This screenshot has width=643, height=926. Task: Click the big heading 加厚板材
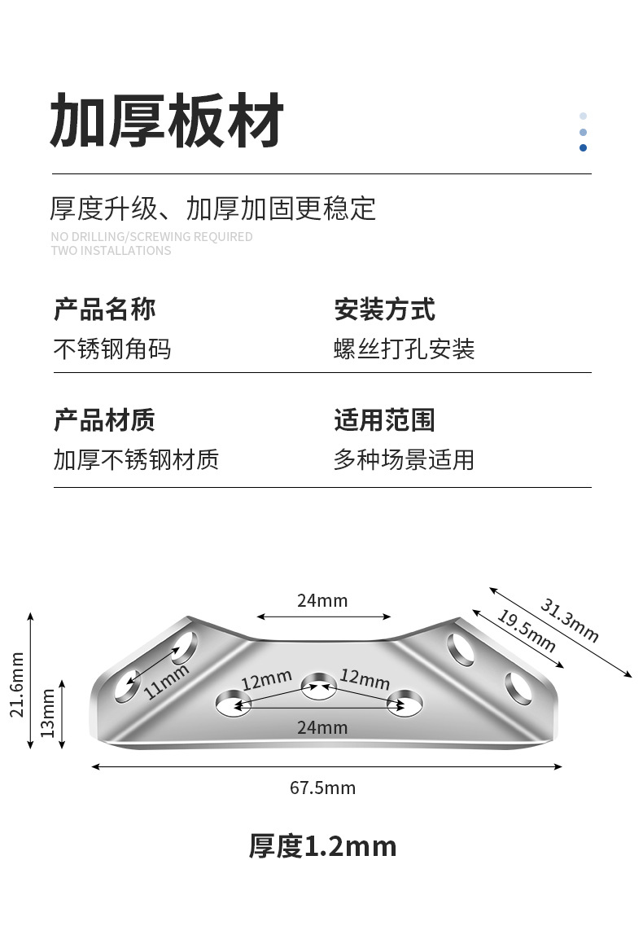point(167,121)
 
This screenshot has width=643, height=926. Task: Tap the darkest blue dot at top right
point(583,147)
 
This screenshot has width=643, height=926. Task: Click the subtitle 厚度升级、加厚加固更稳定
point(213,208)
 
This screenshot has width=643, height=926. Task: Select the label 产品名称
point(104,309)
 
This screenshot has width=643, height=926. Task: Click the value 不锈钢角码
point(112,349)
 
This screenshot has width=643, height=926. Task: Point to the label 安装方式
point(384,309)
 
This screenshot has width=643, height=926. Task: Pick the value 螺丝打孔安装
point(405,349)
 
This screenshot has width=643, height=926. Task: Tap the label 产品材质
point(104,420)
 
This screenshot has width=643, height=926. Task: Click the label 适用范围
point(384,420)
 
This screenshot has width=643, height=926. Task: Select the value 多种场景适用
point(404,460)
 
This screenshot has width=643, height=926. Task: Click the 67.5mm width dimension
point(322,788)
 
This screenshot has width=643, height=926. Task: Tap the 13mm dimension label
point(48,713)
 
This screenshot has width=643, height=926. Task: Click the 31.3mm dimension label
point(569,621)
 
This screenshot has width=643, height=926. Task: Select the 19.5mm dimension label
point(526,631)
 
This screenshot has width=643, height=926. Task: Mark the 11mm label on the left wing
point(167,682)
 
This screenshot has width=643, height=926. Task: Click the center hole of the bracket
point(317,686)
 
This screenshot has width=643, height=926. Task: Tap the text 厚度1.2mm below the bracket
point(322,846)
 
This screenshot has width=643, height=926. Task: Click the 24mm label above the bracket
point(322,601)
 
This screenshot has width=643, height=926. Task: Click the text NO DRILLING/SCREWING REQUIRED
point(151,237)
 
